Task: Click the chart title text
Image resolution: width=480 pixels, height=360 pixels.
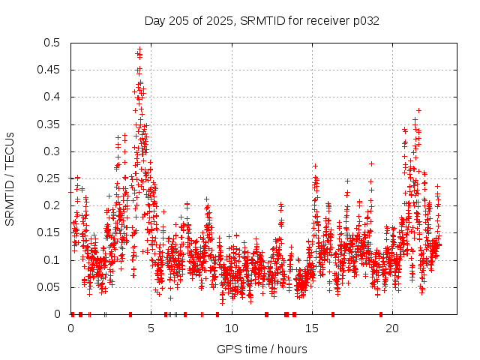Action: pyautogui.click(x=262, y=21)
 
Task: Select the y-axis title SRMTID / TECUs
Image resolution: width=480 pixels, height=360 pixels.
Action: pyautogui.click(x=10, y=178)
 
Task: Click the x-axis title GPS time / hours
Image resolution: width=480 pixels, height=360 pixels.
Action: pyautogui.click(x=262, y=349)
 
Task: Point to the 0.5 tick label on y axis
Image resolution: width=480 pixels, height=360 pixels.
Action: pyautogui.click(x=52, y=43)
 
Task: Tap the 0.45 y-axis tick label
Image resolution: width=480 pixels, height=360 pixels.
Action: pyautogui.click(x=49, y=70)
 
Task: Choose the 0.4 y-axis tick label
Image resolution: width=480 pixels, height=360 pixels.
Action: pyautogui.click(x=52, y=97)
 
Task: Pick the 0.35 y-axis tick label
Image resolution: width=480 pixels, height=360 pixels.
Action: pyautogui.click(x=49, y=124)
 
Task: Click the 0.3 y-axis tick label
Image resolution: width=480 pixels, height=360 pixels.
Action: pyautogui.click(x=52, y=151)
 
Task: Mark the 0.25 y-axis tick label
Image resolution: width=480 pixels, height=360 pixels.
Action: pyautogui.click(x=49, y=178)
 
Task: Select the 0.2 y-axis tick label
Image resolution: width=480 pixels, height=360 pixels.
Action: pyautogui.click(x=52, y=205)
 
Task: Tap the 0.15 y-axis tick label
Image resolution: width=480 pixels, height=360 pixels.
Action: pyautogui.click(x=49, y=232)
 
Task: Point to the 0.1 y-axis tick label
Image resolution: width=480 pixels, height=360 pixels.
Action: pyautogui.click(x=52, y=260)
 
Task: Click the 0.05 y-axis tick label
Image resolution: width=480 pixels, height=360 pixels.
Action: pyautogui.click(x=49, y=287)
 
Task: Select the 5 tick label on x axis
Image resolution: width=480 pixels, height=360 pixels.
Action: pyautogui.click(x=151, y=328)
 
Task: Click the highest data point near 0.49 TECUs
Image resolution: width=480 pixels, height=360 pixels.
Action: pyautogui.click(x=139, y=49)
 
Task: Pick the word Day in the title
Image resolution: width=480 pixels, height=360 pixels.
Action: pyautogui.click(x=154, y=21)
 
